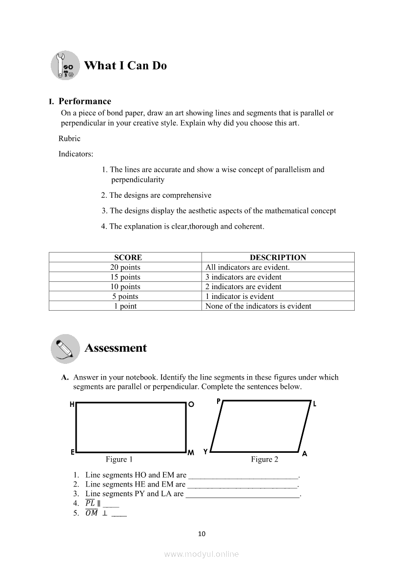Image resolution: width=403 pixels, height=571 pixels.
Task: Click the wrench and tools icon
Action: [65, 65]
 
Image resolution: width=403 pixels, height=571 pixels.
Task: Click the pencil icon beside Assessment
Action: [65, 348]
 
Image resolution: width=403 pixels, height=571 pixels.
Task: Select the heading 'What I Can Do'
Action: [125, 65]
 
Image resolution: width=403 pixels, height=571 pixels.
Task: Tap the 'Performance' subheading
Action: [85, 101]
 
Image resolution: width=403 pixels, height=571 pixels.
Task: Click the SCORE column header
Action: [128, 257]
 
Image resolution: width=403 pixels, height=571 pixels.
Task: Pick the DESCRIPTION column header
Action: [278, 257]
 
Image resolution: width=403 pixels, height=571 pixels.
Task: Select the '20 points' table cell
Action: [125, 267]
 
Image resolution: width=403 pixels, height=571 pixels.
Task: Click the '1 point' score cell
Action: [125, 306]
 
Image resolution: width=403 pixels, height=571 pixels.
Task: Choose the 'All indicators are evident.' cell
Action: [247, 267]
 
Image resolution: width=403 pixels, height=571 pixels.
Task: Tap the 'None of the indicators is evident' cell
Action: [258, 306]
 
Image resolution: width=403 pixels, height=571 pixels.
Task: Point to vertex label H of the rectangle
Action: [72, 404]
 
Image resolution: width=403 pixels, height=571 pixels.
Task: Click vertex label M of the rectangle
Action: [191, 453]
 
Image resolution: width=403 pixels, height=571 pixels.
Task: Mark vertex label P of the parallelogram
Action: [219, 402]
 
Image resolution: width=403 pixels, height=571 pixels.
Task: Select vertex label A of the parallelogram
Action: [304, 454]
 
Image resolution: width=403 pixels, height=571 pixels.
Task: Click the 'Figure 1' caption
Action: [120, 459]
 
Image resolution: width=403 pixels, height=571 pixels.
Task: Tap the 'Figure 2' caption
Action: [264, 459]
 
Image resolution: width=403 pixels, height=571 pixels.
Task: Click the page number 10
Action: [202, 533]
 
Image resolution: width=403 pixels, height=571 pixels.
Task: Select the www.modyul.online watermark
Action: [201, 554]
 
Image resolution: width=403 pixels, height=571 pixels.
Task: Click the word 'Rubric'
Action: [69, 138]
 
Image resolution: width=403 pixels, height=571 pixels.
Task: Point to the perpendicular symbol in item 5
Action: [105, 513]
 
